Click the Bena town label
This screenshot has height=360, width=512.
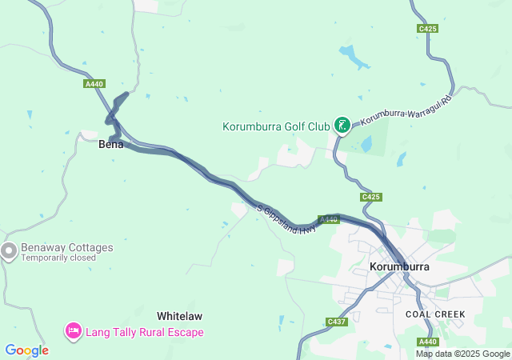point(110,145)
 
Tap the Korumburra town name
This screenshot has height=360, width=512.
point(400,266)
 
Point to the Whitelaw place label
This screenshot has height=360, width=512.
point(179,316)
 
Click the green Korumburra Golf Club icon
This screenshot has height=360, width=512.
point(342,124)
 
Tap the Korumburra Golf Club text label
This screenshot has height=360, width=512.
point(276,126)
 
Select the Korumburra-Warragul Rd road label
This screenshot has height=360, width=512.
point(406,110)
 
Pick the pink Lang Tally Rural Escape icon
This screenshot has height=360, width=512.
point(73,330)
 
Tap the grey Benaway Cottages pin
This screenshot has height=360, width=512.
point(9,252)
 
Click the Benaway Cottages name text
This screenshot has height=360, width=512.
point(67,248)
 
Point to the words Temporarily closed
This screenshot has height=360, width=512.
point(58,258)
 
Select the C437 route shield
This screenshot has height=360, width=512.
point(337,322)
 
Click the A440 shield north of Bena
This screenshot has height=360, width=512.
point(94,83)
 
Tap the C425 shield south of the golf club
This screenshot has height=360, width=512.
point(371,197)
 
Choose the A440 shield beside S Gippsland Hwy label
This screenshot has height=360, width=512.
point(329,219)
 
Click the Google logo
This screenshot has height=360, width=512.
point(26,350)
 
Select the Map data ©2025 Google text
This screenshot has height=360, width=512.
point(462,354)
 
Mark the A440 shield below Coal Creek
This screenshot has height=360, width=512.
point(427,341)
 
